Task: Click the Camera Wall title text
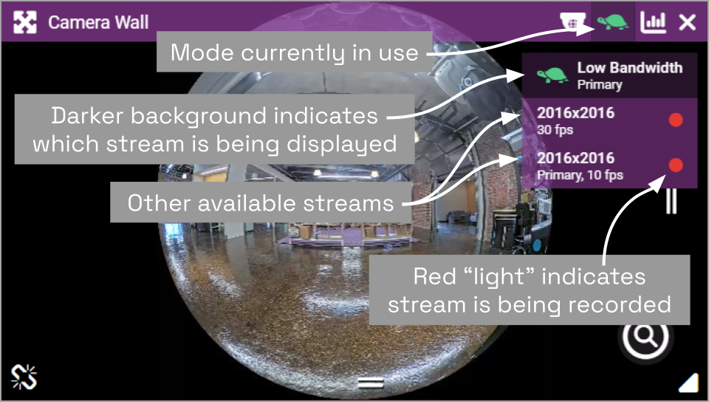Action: [x=98, y=22]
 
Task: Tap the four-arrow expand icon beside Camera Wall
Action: [x=25, y=22]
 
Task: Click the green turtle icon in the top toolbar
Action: [x=612, y=21]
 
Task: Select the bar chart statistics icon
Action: [x=653, y=21]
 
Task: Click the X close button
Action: [x=688, y=22]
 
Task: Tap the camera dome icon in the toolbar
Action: [x=572, y=21]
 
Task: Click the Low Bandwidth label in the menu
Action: [x=630, y=68]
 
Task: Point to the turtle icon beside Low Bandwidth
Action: [x=552, y=75]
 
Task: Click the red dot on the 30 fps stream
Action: [x=676, y=120]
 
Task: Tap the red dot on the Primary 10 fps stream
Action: [x=676, y=165]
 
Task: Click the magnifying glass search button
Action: [x=645, y=336]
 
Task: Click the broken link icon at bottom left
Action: [x=24, y=377]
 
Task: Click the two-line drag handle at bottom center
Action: [x=371, y=384]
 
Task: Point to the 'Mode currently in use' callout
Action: [x=295, y=52]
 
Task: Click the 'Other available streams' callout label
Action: [x=261, y=202]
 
